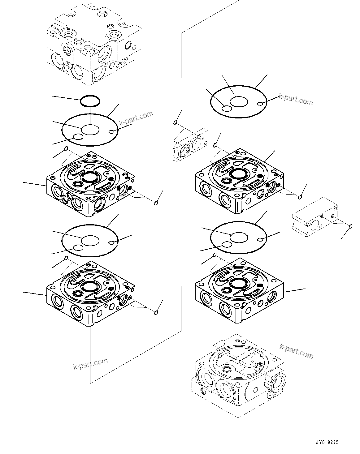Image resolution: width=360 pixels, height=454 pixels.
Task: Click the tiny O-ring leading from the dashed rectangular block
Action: pos(351,227)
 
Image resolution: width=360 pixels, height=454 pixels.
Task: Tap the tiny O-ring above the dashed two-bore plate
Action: pos(176,123)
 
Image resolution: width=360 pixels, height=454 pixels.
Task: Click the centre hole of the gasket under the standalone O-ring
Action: pos(90,130)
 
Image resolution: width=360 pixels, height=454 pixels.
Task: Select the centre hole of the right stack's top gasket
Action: pos(239,101)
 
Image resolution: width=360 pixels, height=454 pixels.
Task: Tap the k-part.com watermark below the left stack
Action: pos(90,364)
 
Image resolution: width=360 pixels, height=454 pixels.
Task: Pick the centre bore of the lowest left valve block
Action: pos(90,286)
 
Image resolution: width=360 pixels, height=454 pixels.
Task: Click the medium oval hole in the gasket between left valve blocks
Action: pos(78,248)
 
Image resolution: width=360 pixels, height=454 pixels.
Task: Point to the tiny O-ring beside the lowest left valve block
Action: pos(156,313)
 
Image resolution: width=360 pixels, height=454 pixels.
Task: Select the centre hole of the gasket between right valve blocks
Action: pos(239,237)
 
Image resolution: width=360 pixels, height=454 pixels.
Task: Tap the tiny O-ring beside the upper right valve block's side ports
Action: pos(300,197)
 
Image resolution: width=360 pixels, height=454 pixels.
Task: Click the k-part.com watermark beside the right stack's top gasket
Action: pos(296,99)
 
